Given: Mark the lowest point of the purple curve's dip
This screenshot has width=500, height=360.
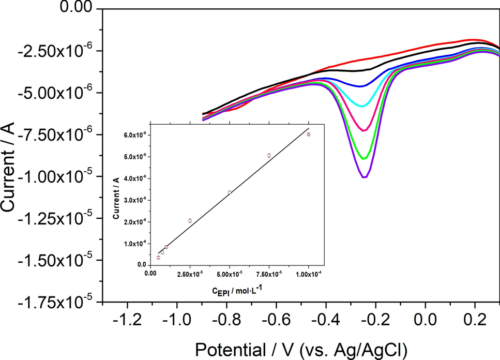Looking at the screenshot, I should pos(365,177).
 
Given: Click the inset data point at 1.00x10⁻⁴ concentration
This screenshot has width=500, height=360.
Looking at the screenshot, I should pos(309,134).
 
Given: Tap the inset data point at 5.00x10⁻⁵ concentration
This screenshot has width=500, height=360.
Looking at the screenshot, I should pos(230,192).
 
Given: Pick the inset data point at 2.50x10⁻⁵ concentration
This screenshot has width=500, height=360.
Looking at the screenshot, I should pos(190,220).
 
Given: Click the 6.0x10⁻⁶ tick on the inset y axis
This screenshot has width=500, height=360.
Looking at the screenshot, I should pos(137,135).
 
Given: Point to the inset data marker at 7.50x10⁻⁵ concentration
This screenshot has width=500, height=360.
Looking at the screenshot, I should pos(269,155).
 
